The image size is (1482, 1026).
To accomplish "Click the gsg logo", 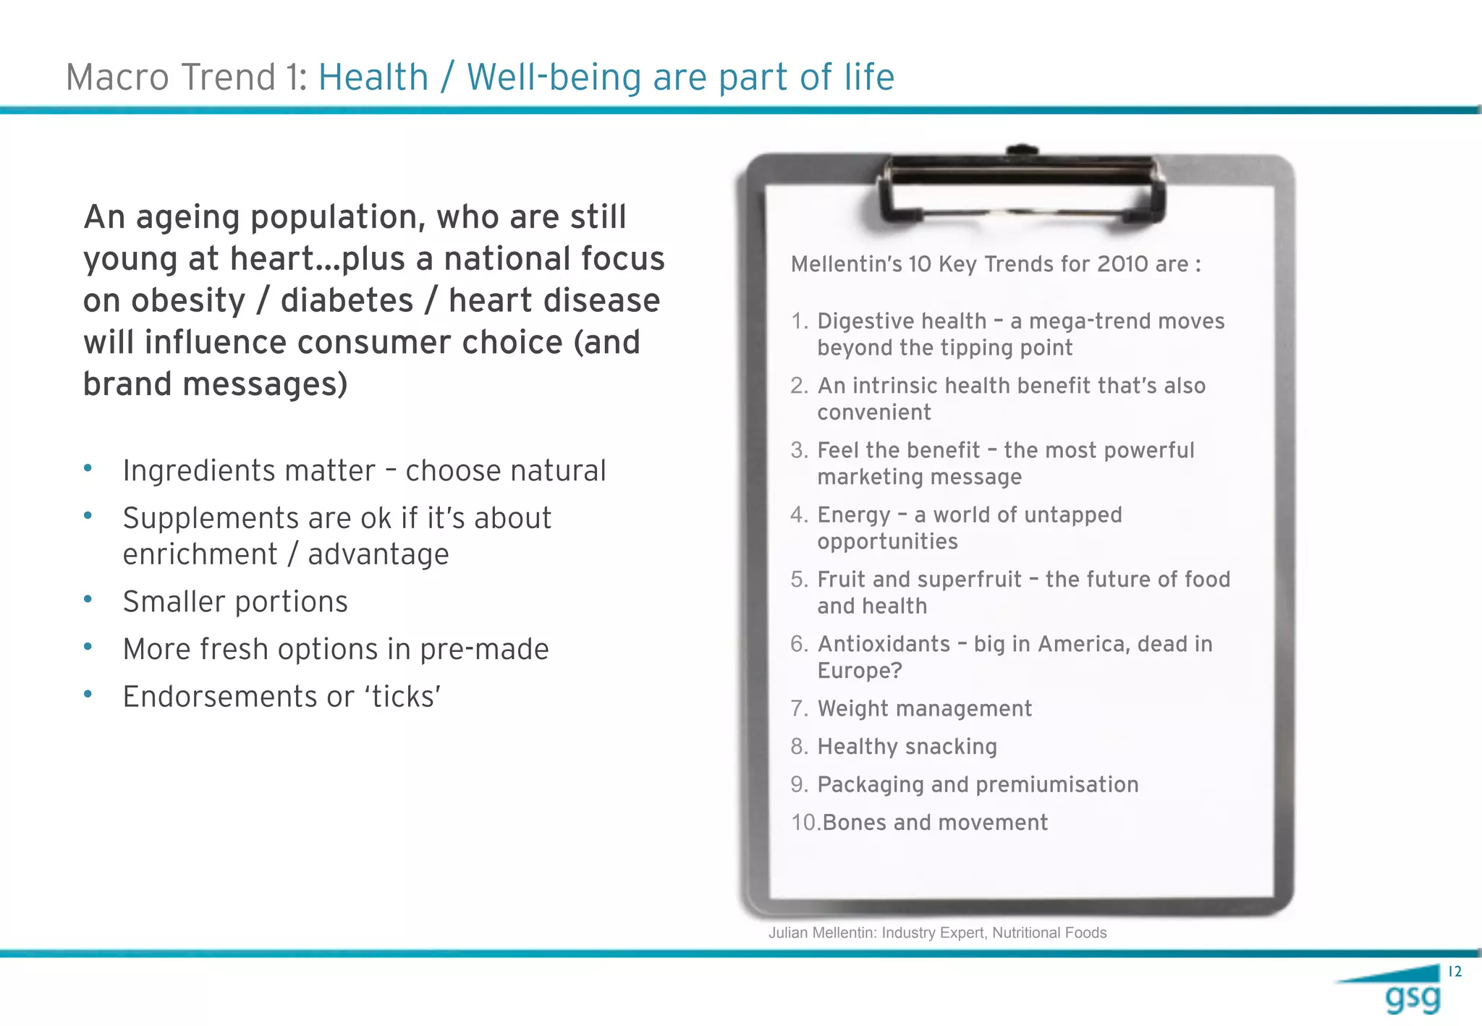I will (x=1411, y=997).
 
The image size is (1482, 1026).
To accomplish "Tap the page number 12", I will (x=1455, y=972).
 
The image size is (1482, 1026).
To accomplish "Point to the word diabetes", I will (x=347, y=301).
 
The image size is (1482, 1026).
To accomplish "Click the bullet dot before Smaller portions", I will (x=88, y=599).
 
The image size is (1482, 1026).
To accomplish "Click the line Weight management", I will (x=924, y=708).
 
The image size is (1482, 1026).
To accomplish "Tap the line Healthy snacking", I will (x=907, y=747).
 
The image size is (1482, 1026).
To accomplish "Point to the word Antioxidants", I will (x=884, y=644).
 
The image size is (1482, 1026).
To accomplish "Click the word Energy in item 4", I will (x=853, y=515).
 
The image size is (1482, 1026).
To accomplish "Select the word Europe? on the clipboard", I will (x=860, y=671).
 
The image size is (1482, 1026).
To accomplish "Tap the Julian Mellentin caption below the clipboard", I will (x=937, y=933).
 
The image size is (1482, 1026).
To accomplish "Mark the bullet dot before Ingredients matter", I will (x=88, y=468).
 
